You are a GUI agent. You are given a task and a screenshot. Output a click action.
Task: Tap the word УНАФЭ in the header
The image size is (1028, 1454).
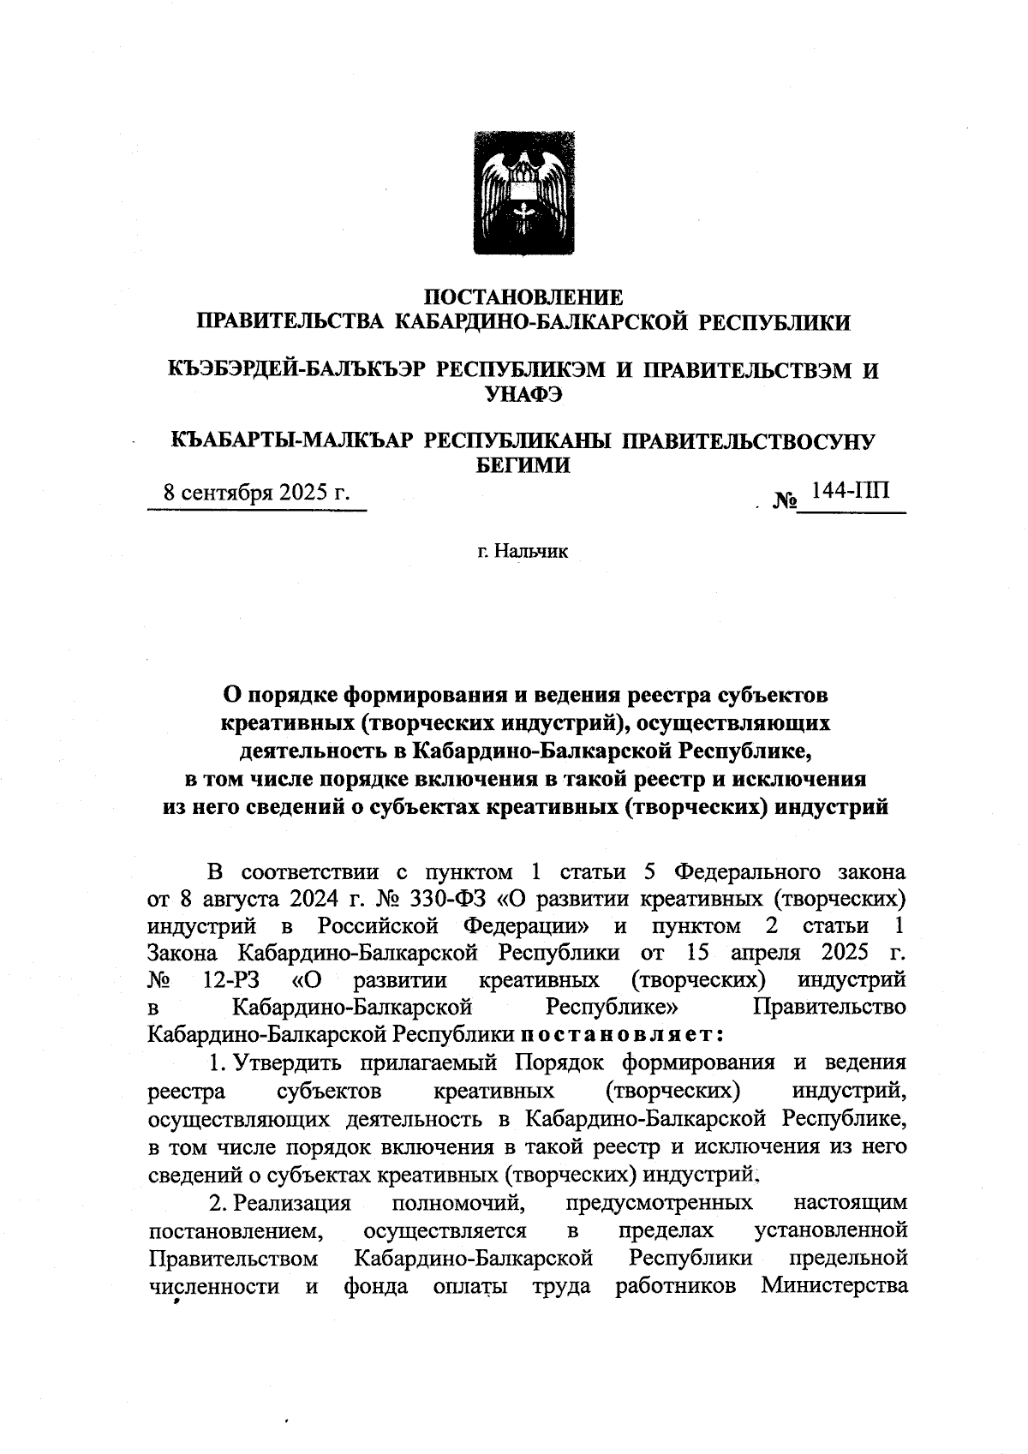pos(523,394)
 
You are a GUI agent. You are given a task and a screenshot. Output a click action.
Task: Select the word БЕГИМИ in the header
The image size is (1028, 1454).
pos(523,465)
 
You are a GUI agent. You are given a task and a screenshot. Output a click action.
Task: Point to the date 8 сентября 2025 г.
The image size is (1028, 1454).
pos(257,494)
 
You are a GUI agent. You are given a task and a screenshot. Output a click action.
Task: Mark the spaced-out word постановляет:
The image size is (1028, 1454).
pos(624,1033)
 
